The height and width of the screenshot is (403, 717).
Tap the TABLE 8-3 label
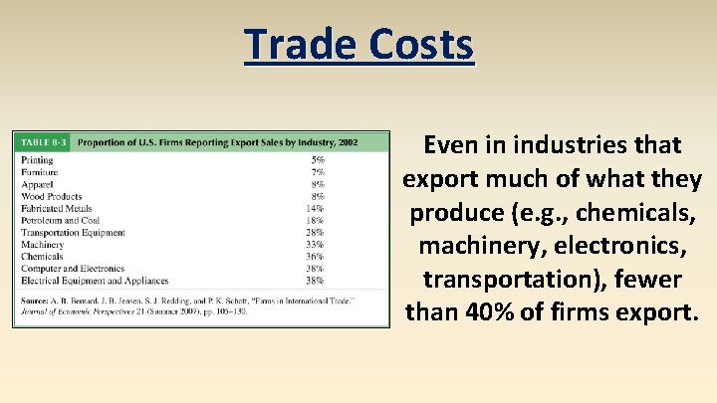click(44, 142)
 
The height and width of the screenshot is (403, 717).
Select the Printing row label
click(37, 160)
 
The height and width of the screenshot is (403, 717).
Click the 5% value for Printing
click(318, 160)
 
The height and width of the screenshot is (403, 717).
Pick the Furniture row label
click(40, 172)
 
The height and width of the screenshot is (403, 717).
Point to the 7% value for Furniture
click(318, 172)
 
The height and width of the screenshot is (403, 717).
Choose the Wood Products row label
click(51, 196)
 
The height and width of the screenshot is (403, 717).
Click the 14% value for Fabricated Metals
click(316, 208)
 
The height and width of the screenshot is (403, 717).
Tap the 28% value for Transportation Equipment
click(316, 232)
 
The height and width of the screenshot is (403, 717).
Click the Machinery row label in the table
click(42, 244)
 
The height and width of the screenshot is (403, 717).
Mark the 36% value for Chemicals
click(316, 256)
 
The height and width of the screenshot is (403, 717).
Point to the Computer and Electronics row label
click(73, 268)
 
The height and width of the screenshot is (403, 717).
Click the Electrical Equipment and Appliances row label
click(95, 280)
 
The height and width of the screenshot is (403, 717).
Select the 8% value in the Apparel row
click(318, 184)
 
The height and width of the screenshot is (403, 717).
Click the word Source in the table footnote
click(35, 299)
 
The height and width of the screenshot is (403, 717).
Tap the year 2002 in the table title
click(348, 142)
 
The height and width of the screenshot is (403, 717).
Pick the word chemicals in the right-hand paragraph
click(644, 212)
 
